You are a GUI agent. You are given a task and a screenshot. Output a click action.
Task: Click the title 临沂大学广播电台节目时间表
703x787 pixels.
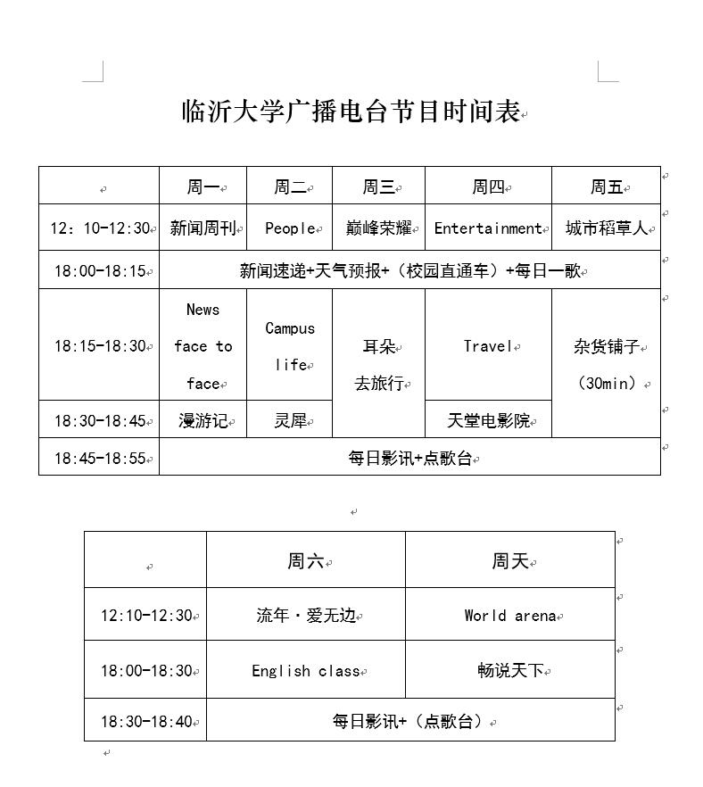click(x=351, y=112)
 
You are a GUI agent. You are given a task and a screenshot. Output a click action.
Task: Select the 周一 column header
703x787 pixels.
click(x=203, y=187)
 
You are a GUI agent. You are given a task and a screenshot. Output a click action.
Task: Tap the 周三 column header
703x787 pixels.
click(x=378, y=187)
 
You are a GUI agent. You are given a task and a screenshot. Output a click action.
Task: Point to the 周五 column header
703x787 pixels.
click(x=607, y=187)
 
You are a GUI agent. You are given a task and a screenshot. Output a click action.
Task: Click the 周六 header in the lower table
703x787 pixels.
click(x=306, y=561)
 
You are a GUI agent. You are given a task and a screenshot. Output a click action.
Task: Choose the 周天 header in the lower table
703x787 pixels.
click(x=510, y=561)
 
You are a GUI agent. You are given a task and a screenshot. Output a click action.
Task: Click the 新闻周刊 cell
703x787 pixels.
click(x=203, y=228)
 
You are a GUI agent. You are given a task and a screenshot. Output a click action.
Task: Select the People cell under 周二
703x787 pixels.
click(x=290, y=228)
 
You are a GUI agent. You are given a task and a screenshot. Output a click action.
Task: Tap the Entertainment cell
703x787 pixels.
click(x=488, y=228)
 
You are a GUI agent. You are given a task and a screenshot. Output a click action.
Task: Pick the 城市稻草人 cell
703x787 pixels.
click(x=607, y=228)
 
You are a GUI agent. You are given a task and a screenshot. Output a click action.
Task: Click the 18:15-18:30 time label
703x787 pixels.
click(x=99, y=346)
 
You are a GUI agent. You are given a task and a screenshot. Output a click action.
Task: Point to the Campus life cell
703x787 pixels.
click(x=290, y=346)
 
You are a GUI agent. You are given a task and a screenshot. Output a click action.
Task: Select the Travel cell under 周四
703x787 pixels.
click(x=488, y=346)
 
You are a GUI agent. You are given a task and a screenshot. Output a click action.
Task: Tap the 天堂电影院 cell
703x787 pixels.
click(x=488, y=420)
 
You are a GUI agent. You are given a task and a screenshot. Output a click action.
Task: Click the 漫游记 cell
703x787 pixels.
click(x=203, y=420)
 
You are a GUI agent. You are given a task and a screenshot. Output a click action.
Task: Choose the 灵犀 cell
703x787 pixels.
click(x=290, y=420)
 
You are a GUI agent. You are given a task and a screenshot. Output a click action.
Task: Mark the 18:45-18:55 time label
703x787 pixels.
click(x=99, y=459)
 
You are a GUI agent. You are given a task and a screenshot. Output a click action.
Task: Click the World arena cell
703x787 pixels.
click(x=510, y=616)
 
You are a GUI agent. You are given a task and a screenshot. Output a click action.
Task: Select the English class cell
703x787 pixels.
click(x=306, y=671)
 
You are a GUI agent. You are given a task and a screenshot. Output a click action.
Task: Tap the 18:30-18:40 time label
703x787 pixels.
click(x=146, y=721)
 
